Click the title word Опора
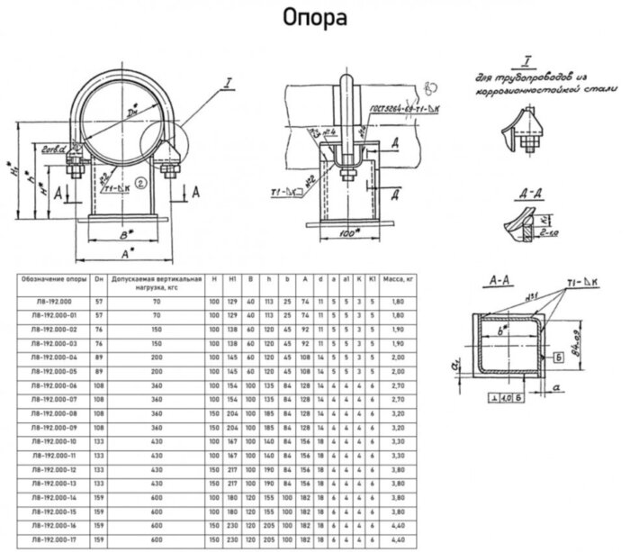(315, 17)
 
